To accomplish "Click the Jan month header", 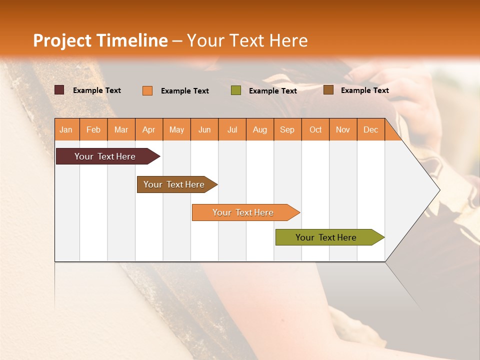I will point(66,129).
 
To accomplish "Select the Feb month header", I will point(93,129).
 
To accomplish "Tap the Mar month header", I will point(121,129).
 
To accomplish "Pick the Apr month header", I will point(149,129).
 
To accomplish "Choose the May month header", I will point(176,129).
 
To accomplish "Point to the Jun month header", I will point(204,129).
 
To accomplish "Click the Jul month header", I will point(232,129).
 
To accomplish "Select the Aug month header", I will point(260,129).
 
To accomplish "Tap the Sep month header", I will point(287,129).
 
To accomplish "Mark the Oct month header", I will point(315,129).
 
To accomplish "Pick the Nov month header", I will point(343,129).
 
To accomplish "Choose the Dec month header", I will point(371,129).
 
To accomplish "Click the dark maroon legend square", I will point(59,90).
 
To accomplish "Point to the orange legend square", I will point(147,90).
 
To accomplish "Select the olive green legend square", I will point(236,90).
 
